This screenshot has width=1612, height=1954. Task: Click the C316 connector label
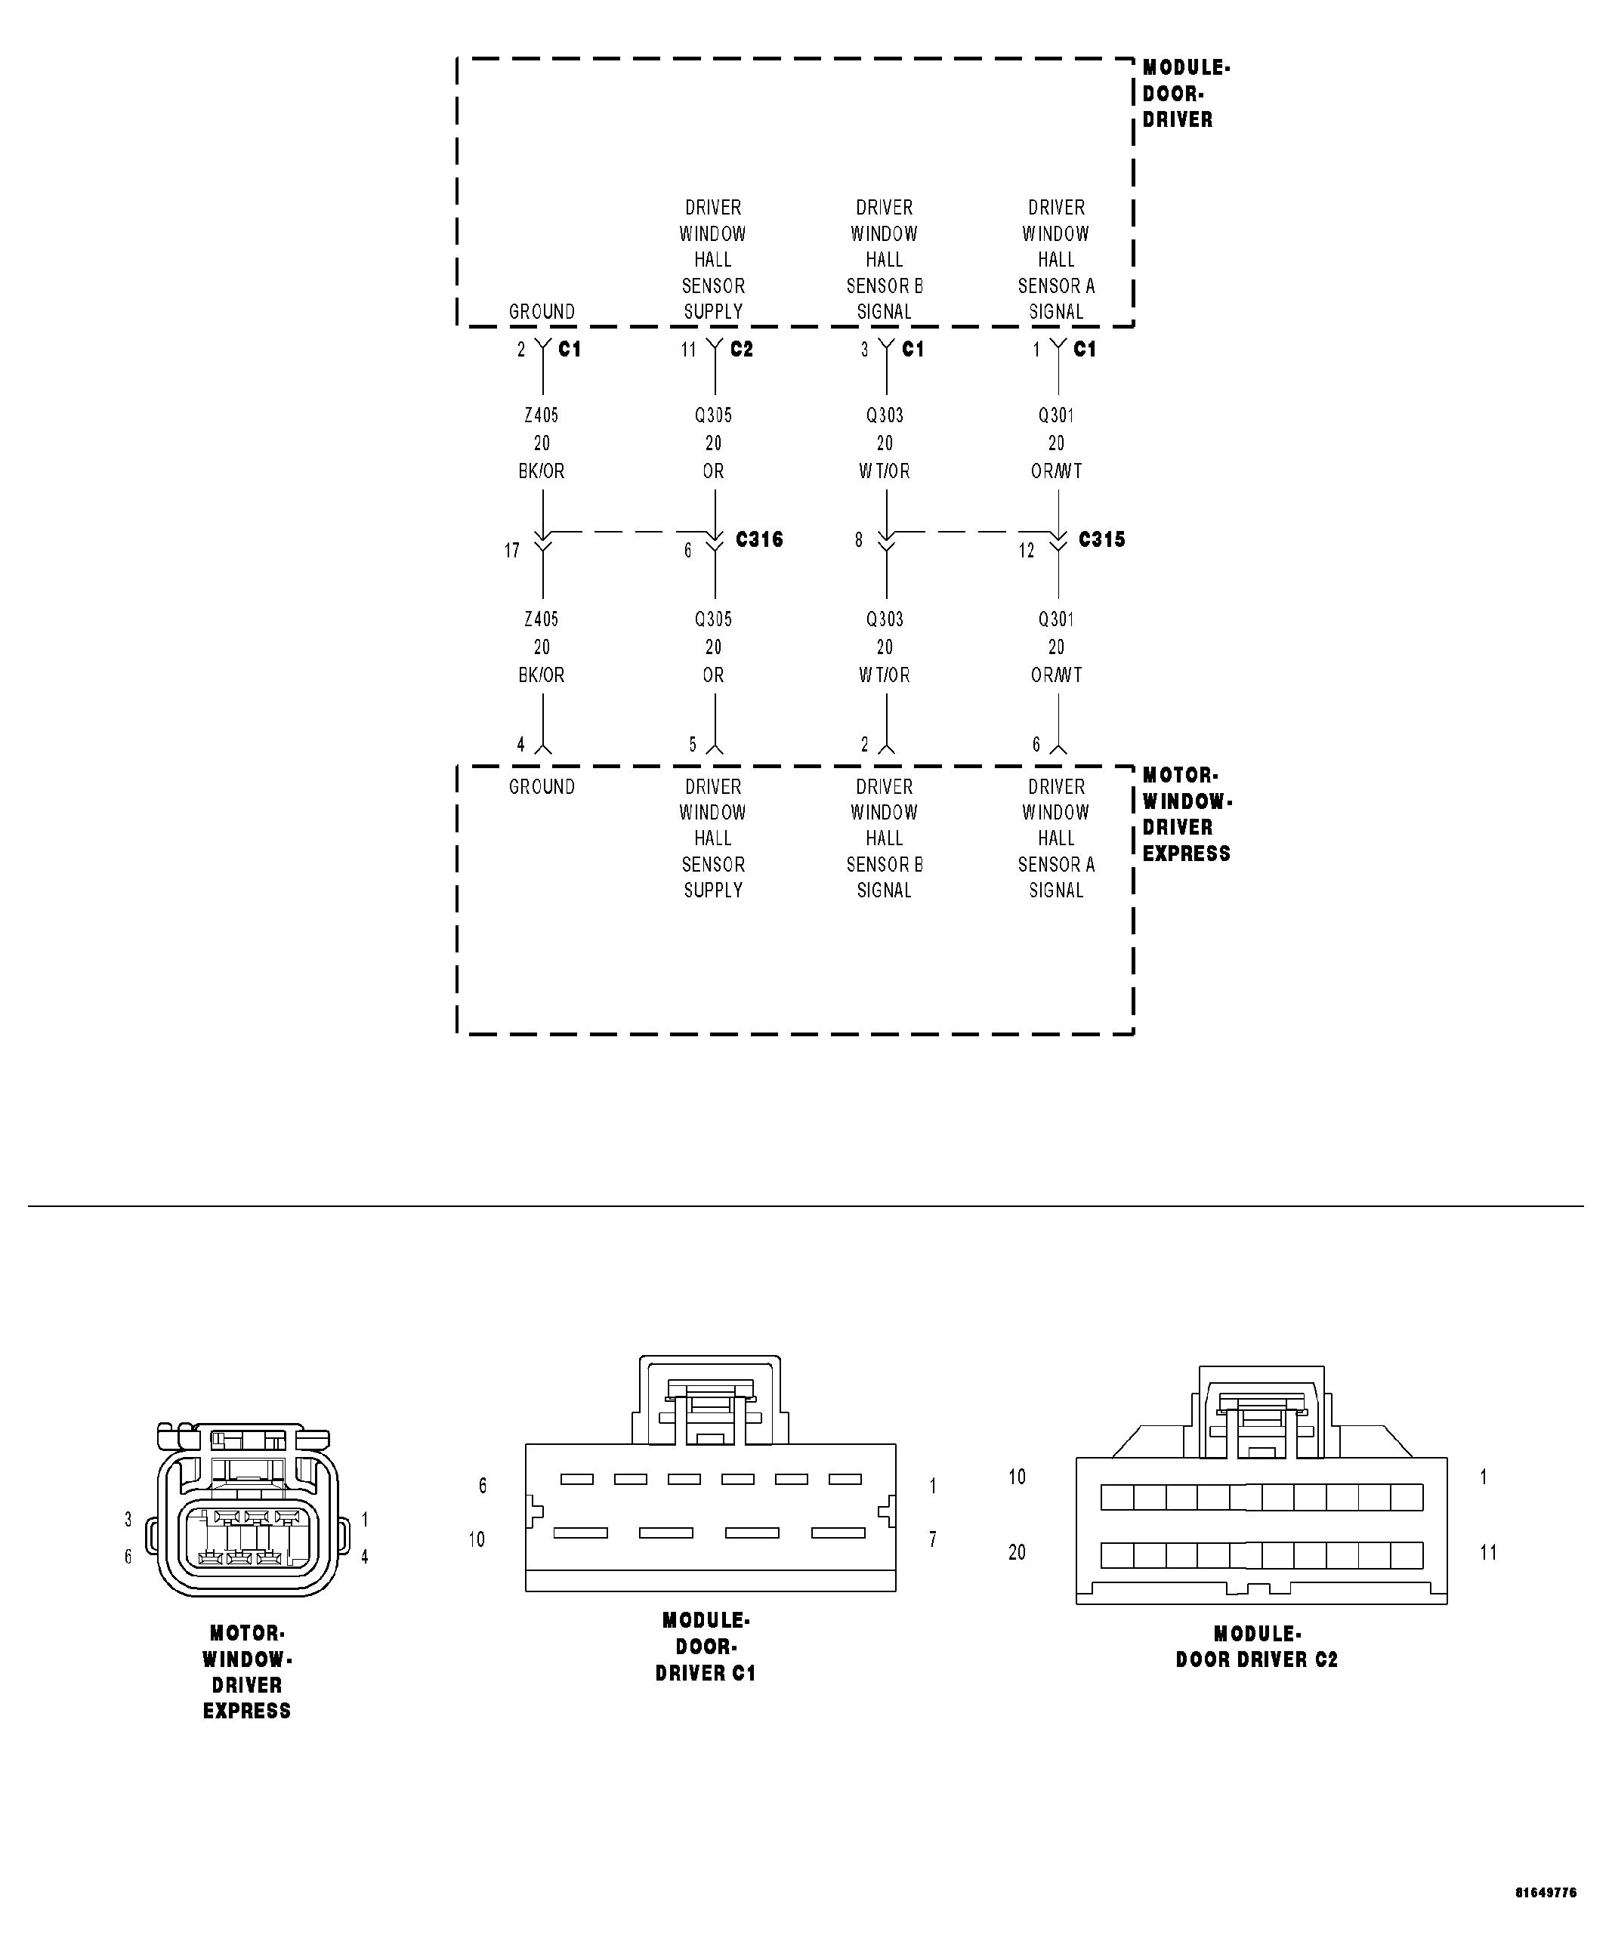[758, 539]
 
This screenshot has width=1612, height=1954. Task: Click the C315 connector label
[1101, 539]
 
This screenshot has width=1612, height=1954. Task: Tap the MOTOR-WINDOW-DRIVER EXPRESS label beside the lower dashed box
[1186, 814]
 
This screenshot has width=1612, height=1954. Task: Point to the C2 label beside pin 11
[741, 349]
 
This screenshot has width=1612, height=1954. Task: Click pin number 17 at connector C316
[511, 551]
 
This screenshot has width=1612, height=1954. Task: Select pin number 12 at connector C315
[1026, 551]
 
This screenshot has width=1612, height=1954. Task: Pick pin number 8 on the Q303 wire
[859, 539]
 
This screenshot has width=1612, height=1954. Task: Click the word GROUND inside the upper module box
[542, 312]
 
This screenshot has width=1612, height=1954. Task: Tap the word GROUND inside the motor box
[542, 787]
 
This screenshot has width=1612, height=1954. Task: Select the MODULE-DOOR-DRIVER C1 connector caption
[706, 1647]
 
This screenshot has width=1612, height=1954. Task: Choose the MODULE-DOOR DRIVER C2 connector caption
[1256, 1647]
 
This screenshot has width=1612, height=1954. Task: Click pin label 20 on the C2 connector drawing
[1017, 1552]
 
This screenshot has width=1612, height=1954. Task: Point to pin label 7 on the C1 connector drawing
[932, 1539]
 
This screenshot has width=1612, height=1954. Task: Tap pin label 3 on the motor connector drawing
[128, 1520]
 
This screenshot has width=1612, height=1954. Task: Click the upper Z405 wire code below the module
[542, 415]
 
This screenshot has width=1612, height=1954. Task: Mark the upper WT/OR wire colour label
[884, 471]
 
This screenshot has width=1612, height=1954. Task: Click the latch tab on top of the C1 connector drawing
[710, 1402]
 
